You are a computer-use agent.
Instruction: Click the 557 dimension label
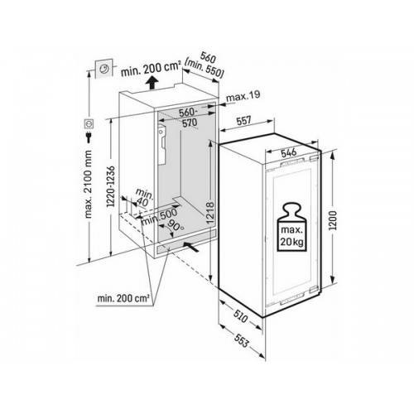[x=243, y=121]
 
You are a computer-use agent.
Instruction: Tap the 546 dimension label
[x=289, y=152]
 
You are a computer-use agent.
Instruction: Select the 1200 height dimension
[x=333, y=220]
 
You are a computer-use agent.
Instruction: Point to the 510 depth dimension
[x=240, y=316]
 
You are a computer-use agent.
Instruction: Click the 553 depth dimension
[x=242, y=341]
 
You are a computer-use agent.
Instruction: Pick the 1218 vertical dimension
[x=210, y=213]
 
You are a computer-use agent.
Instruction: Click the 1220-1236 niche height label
[x=111, y=186]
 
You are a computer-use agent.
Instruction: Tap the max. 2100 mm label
[x=89, y=185]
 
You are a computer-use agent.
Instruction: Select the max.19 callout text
[x=243, y=95]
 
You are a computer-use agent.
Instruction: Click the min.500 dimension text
[x=159, y=216]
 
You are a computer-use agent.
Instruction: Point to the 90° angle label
[x=175, y=225]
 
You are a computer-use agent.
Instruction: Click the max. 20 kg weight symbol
[x=292, y=227]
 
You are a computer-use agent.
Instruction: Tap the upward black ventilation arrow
[x=152, y=83]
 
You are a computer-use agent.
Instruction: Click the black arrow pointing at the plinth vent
[x=191, y=247]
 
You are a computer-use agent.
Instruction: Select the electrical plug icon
[x=89, y=137]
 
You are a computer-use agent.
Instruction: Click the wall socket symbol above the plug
[x=89, y=123]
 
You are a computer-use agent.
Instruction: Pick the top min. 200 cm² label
[x=151, y=70]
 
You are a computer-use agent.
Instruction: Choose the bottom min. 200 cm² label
[x=123, y=298]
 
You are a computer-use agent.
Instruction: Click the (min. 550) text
[x=205, y=70]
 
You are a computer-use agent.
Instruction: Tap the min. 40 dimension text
[x=142, y=198]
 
